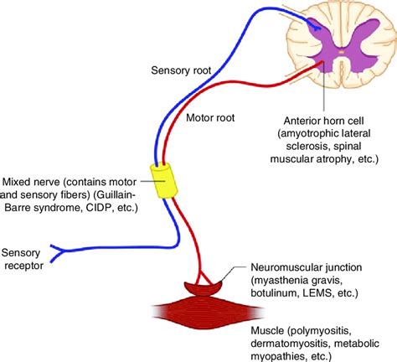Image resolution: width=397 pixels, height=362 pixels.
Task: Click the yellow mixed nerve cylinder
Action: pos(164,181)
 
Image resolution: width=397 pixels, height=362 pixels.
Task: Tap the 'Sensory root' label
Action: pos(181,70)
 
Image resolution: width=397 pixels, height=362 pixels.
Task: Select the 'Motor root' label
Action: pos(210,117)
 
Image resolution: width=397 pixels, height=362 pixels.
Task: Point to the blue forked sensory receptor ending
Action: pos(58,254)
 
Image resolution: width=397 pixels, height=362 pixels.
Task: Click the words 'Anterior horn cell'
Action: pos(323,121)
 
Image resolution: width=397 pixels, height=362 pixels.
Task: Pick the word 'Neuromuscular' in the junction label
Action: pos(284,267)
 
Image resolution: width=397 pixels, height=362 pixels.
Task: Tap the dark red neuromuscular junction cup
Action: pos(204,287)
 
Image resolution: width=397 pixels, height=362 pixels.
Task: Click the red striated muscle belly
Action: pos(208,313)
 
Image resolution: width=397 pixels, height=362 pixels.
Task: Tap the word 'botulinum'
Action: pos(274,293)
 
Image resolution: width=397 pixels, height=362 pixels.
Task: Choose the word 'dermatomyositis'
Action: pos(290,343)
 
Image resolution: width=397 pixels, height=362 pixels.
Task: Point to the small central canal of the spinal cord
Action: pos(341,52)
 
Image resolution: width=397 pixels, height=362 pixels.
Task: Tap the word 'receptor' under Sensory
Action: pos(24,266)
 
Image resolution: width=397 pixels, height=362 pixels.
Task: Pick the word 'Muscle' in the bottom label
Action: pos(267,330)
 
